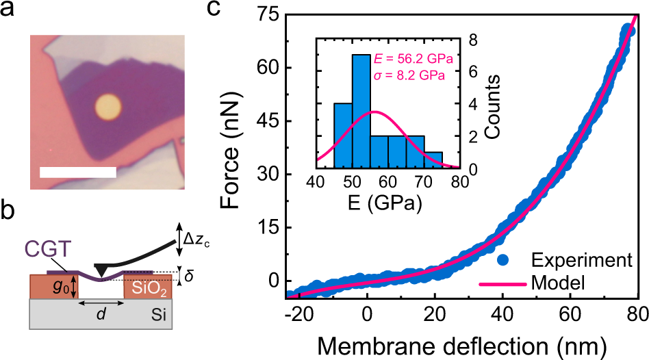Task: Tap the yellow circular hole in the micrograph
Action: pyautogui.click(x=107, y=105)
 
